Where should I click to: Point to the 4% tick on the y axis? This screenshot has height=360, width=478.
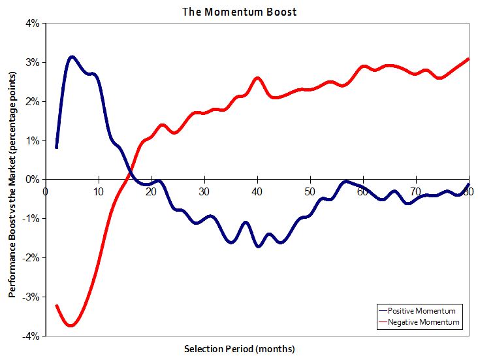tap(33, 24)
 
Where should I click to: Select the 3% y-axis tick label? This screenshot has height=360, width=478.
tap(33, 63)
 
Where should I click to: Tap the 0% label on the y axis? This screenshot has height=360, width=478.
tap(33, 180)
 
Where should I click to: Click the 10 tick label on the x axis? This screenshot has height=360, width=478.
tap(99, 191)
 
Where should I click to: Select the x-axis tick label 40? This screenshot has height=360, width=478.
tap(258, 191)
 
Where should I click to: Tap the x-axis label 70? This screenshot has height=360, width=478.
tap(417, 191)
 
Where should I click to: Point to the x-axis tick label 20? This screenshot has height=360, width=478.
tap(151, 191)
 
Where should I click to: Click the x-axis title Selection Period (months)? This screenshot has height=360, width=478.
tap(239, 348)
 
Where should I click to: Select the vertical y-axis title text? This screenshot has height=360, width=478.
tap(12, 180)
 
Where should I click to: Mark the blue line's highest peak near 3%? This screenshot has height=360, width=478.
tap(72, 57)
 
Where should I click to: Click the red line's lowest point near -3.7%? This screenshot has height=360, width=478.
tap(72, 325)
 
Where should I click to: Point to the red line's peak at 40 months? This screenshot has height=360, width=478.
tap(257, 78)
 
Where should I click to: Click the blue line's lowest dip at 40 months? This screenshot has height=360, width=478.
tap(258, 246)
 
